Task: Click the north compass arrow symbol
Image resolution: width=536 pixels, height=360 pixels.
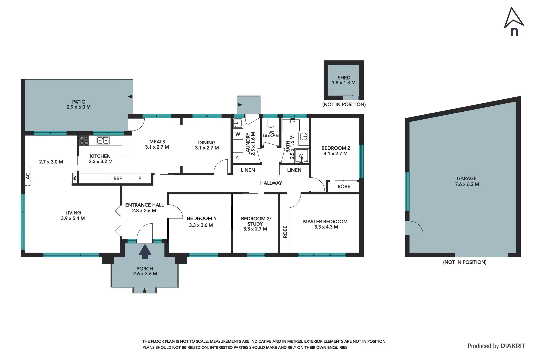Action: (x=514, y=18)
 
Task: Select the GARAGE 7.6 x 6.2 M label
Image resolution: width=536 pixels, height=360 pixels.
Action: (x=467, y=181)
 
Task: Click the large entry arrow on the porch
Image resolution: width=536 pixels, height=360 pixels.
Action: (x=145, y=252)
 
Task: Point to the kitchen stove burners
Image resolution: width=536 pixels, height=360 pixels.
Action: (x=84, y=141)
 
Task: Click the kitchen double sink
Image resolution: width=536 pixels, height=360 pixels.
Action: (x=103, y=140)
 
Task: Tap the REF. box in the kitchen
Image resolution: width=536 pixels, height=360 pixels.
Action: (x=118, y=178)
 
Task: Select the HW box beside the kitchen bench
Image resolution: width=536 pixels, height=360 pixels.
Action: (x=75, y=178)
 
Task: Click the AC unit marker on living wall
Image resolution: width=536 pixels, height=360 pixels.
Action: (x=28, y=175)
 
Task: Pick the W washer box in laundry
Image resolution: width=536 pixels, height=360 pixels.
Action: (x=238, y=134)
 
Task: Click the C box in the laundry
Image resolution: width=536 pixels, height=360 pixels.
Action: (x=238, y=158)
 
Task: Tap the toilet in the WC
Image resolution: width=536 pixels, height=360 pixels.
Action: (x=270, y=123)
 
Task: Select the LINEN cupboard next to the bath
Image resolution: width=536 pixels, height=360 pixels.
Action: (x=294, y=170)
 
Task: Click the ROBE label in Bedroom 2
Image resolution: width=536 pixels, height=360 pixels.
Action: (x=344, y=187)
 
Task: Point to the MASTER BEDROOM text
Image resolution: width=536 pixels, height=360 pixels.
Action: (x=325, y=222)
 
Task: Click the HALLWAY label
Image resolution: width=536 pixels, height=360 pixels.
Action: (x=271, y=183)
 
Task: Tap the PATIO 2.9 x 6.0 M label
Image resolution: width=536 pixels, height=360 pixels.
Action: (x=79, y=104)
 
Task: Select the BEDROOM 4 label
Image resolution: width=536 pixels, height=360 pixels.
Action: (x=201, y=219)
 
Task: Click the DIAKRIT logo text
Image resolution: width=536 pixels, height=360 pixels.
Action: (x=513, y=346)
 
